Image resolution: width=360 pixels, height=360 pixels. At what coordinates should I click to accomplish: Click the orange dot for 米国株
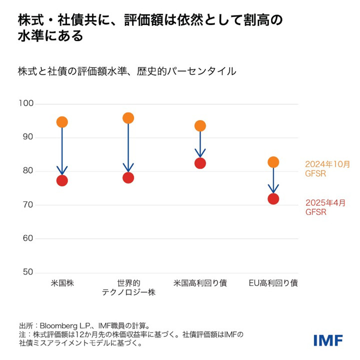[62, 122]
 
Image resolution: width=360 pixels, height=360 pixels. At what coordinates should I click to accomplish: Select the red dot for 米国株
[62, 180]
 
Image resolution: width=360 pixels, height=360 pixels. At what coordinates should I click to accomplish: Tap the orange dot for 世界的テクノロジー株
[128, 118]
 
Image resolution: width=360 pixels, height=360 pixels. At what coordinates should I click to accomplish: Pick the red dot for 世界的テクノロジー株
[128, 177]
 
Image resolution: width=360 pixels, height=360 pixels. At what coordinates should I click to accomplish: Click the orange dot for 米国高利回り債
[200, 125]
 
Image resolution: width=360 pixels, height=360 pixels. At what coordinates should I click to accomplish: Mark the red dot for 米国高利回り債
[200, 163]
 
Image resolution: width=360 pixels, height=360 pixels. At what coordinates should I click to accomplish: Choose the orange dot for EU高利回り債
[273, 162]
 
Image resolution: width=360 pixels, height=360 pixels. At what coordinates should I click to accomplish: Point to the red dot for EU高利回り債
[273, 198]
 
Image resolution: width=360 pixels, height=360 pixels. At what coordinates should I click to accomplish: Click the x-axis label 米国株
[62, 283]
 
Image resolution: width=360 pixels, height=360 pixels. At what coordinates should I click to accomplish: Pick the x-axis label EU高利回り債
[273, 283]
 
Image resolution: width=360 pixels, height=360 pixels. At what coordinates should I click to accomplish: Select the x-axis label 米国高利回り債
[200, 283]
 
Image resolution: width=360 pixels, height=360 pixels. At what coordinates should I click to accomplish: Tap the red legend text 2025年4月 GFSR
[325, 207]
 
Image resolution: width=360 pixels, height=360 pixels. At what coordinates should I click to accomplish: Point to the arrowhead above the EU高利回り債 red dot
[273, 189]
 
